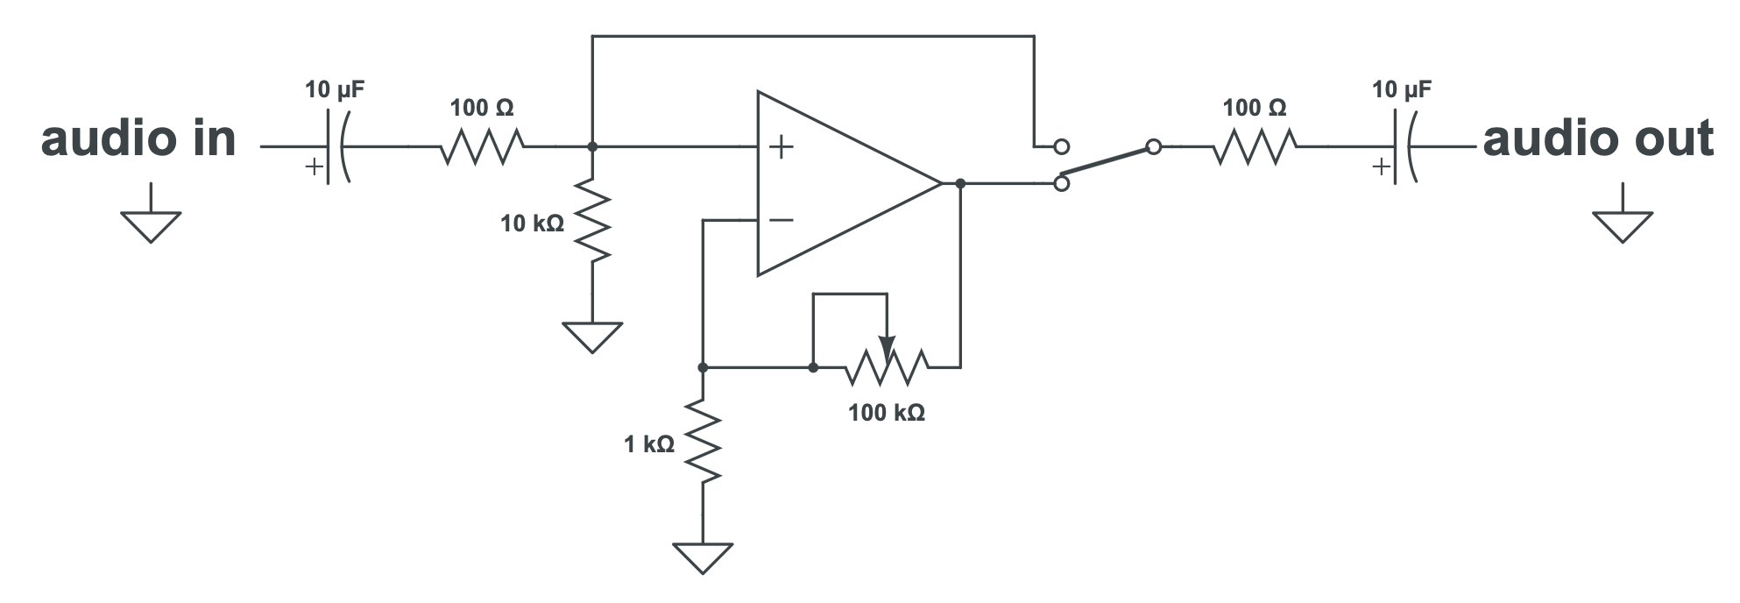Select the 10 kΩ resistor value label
(532, 224)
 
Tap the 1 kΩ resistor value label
(649, 445)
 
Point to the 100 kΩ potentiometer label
(886, 413)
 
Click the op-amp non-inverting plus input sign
(781, 146)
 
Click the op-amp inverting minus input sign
(781, 220)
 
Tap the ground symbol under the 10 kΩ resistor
(592, 336)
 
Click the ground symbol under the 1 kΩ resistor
(703, 557)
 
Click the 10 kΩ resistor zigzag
(593, 220)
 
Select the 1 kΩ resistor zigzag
(704, 440)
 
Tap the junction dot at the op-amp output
(960, 183)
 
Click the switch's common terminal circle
(1154, 147)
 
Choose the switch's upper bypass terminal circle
(1061, 146)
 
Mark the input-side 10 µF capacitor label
(335, 89)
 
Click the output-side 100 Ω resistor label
(1255, 108)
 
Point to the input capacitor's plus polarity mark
(314, 167)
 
